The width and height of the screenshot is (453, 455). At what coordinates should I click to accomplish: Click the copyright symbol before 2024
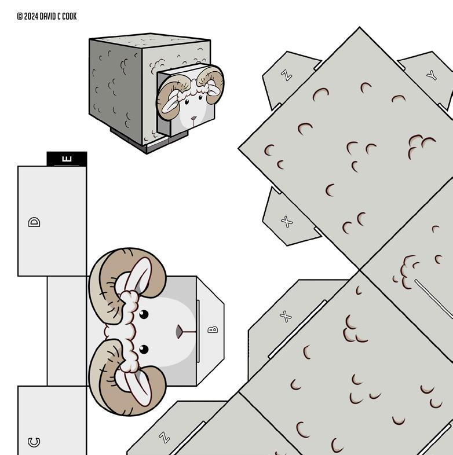tap(20, 16)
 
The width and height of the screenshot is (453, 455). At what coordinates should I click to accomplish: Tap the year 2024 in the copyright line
tap(31, 16)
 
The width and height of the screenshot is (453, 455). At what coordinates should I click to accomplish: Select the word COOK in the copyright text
tap(69, 16)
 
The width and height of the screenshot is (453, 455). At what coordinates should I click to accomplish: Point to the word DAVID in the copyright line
tap(48, 16)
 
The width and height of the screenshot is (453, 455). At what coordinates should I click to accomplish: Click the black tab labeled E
tap(67, 159)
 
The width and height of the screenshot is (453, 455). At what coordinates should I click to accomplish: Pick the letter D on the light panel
tap(34, 222)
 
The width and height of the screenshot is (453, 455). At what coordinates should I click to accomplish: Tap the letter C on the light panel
tap(34, 442)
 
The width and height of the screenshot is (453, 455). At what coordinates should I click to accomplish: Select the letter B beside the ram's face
tap(213, 329)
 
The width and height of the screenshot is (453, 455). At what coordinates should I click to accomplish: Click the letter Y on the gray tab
tap(432, 76)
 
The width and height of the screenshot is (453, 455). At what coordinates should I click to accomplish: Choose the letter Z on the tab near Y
tap(286, 75)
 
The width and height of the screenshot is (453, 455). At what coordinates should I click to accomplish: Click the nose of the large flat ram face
tap(180, 332)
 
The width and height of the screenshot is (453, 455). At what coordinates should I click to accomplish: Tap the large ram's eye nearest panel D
tap(144, 314)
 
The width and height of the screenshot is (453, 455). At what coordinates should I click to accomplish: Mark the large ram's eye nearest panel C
tap(144, 350)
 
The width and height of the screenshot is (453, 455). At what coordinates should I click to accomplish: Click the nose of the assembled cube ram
tap(193, 119)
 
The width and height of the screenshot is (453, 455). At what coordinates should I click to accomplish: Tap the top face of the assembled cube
tap(150, 40)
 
